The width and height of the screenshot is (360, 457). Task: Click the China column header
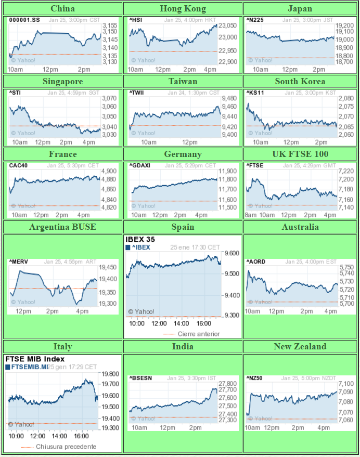tap(62, 8)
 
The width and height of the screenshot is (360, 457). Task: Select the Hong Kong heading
tap(183, 8)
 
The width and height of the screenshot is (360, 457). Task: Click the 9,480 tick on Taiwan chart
tap(229, 98)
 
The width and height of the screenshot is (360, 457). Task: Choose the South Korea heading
tap(300, 81)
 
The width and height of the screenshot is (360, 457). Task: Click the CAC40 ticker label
tap(17, 166)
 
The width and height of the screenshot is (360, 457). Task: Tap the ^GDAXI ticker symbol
tap(138, 166)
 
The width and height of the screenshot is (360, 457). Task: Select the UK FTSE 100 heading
tap(300, 154)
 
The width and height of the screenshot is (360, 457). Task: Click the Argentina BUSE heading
tap(62, 227)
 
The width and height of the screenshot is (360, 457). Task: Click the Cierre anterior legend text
tap(199, 334)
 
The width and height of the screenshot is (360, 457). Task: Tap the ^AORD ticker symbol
tap(255, 262)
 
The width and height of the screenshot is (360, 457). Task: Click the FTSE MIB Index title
tap(35, 359)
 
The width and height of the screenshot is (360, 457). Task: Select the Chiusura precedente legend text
tap(66, 447)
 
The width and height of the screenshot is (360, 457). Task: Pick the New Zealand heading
tap(300, 346)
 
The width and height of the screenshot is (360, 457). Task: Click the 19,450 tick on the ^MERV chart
tap(108, 267)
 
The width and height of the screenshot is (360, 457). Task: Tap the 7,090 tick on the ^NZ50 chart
tap(346, 392)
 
